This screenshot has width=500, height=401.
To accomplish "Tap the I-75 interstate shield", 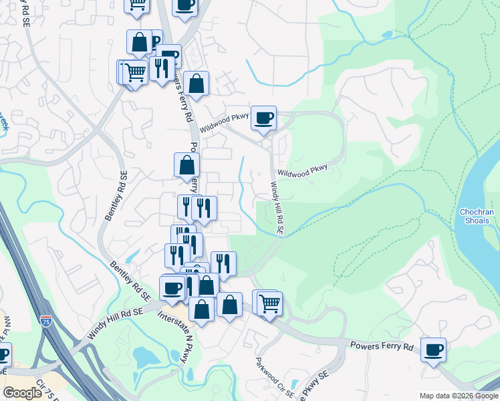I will tap(46, 322).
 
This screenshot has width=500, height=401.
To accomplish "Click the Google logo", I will tap(22, 393).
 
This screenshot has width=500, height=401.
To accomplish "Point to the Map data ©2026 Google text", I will tap(457, 396).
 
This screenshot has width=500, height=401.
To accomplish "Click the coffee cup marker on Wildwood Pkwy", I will tap(264, 118).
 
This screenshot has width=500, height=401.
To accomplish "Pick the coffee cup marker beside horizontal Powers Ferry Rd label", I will tap(433, 350).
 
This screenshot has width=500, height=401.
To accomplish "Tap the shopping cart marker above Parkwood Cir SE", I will tap(270, 303).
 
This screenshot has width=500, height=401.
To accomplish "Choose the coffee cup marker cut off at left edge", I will tap(3, 354).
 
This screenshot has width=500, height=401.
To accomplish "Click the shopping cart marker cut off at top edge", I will tap(137, 5).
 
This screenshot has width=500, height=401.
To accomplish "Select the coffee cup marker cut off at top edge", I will tap(185, 5).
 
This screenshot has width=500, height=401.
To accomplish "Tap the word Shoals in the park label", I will tap(477, 221).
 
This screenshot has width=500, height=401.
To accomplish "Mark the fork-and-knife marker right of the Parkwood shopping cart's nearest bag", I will tap(223, 264).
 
